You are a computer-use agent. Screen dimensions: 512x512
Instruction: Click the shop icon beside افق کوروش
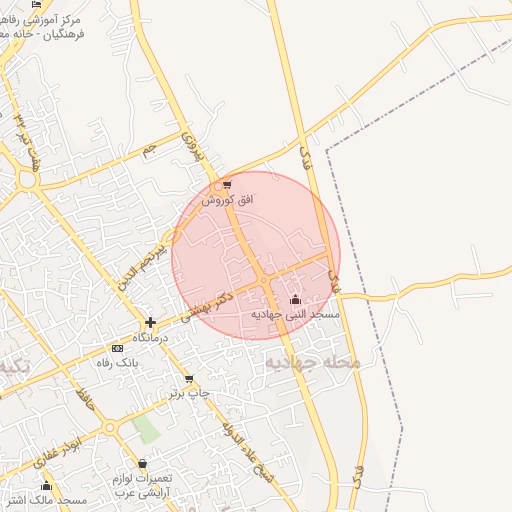tap(228, 185)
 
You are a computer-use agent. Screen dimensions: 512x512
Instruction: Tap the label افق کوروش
tap(228, 200)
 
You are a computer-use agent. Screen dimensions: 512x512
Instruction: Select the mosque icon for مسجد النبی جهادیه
tap(294, 299)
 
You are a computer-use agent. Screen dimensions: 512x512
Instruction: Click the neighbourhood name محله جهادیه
tap(311, 362)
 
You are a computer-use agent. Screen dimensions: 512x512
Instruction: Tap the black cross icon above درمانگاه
tap(150, 322)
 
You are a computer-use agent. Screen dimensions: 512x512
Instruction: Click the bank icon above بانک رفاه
tap(118, 348)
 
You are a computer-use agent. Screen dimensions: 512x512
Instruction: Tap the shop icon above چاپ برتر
tap(189, 379)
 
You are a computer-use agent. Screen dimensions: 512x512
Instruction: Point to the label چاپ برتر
tap(191, 393)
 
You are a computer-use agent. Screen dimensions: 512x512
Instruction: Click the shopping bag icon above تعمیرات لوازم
tap(143, 464)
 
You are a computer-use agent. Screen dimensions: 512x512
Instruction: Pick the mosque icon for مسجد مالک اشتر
tap(46, 486)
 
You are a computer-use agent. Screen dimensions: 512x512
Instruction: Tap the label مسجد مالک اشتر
tap(54, 500)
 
